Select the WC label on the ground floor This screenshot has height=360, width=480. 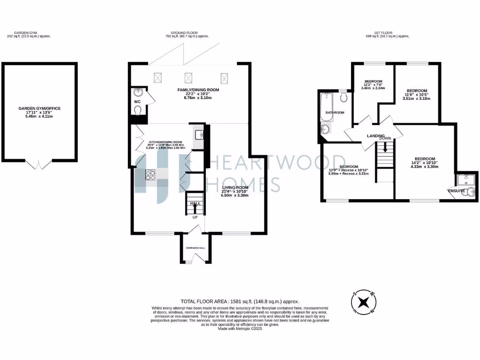coord(137,101)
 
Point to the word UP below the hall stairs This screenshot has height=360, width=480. coord(195,217)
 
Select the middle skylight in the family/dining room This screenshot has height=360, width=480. coord(189,77)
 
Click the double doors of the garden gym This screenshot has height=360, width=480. coord(39,164)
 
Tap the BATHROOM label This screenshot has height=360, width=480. coord(335,112)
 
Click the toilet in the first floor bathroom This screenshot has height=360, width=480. coord(344,97)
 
